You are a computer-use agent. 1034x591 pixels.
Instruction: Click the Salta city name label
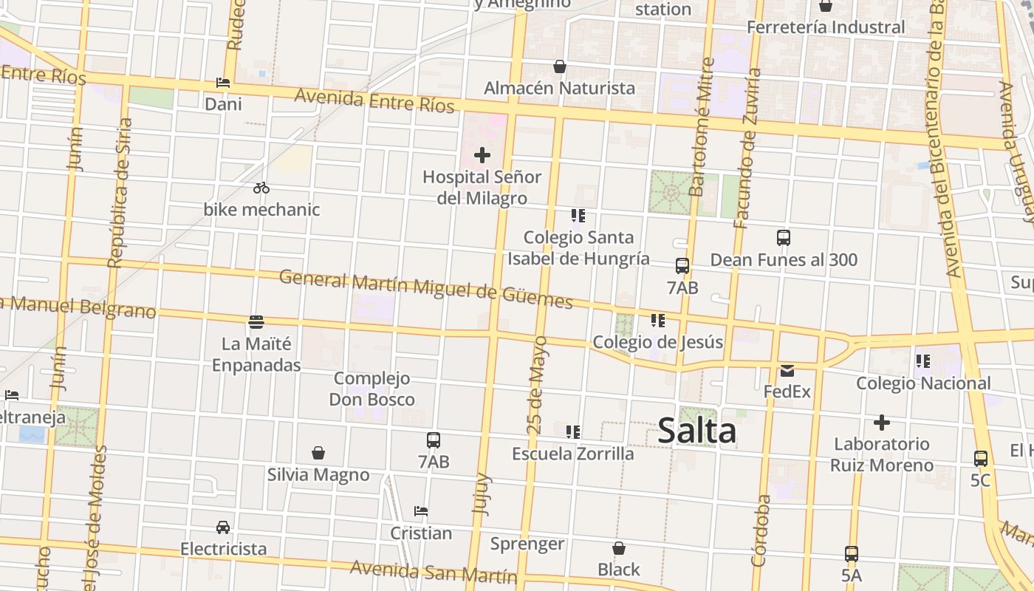coord(696,431)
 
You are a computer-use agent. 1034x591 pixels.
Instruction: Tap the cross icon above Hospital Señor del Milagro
coord(482,155)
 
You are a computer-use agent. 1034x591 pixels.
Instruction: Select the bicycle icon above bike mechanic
coord(261,188)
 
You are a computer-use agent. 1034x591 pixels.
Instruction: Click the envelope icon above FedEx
coord(787,370)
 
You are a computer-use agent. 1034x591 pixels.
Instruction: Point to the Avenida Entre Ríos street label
coord(374,100)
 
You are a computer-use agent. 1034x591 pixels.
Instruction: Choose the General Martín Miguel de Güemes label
coord(426,290)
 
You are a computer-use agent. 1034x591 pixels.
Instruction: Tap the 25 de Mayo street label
coord(538,385)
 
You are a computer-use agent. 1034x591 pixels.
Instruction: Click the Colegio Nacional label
coord(923,383)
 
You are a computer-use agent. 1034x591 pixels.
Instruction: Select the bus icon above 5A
coord(852,553)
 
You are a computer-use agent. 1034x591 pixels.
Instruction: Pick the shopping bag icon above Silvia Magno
coord(318,452)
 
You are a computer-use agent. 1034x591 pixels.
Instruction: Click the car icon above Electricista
coord(223,527)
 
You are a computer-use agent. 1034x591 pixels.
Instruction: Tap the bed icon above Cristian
coord(421,511)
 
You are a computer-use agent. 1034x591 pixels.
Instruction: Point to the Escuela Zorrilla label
coord(573,454)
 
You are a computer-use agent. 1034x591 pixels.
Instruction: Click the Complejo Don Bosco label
coord(372,389)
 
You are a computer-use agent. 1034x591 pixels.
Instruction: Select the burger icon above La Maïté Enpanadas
coord(256,321)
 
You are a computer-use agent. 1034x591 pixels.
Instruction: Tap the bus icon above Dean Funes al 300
coord(784,238)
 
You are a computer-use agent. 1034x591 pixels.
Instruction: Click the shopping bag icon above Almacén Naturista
coord(560,66)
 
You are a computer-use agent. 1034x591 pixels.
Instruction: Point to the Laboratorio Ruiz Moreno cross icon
coord(881,423)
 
